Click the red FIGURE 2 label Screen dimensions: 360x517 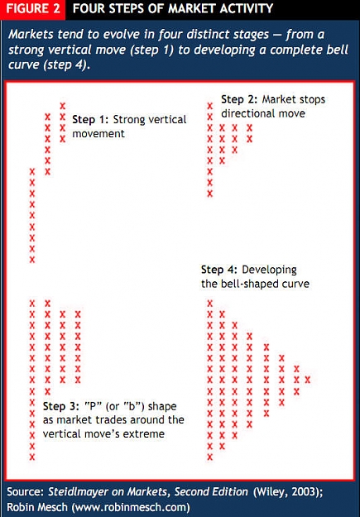point(32,9)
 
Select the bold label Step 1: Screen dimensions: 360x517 point(90,119)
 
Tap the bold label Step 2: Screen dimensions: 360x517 point(239,99)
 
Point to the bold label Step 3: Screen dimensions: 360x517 point(61,406)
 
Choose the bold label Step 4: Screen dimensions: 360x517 point(219,270)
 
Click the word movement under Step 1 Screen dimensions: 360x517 point(98,134)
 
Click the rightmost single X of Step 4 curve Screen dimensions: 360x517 point(308,380)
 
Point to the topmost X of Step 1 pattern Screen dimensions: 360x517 point(63,106)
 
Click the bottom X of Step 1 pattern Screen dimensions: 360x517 point(32,260)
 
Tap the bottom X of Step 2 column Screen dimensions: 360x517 point(210,194)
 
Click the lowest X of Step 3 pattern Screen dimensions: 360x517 point(32,457)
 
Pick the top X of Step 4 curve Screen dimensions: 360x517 point(210,303)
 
